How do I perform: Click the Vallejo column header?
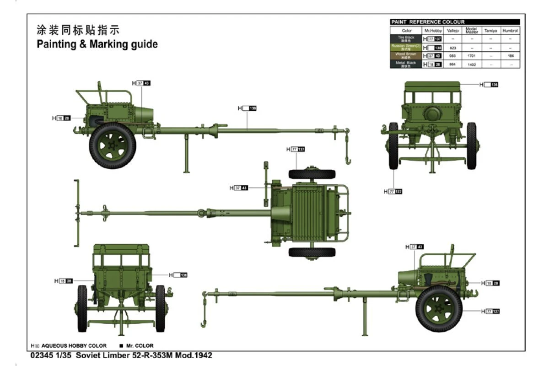[x=452, y=31]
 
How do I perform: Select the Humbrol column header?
[x=510, y=31]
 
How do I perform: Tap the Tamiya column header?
[x=490, y=31]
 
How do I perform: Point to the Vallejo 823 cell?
[x=452, y=48]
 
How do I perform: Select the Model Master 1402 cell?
[x=472, y=65]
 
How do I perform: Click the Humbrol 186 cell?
[x=510, y=56]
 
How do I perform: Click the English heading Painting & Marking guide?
[x=97, y=44]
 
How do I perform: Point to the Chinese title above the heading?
[x=78, y=31]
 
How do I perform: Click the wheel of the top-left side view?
[x=112, y=145]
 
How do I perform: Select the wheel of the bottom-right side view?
[x=438, y=308]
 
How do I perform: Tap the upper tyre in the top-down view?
[x=312, y=174]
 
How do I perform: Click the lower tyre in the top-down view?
[x=312, y=252]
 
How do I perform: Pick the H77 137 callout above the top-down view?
[x=296, y=150]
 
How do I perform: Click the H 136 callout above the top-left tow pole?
[x=247, y=108]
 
